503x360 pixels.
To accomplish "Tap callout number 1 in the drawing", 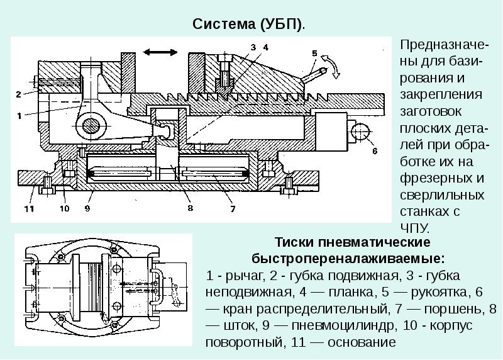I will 19,116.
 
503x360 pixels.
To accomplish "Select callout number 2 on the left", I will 19,94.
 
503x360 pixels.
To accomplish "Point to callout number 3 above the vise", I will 253,47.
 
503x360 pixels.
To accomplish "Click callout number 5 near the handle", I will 314,54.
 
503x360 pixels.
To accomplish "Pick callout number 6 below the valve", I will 373,152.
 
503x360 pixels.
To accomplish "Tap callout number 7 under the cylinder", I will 232,208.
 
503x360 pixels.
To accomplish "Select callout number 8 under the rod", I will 189,208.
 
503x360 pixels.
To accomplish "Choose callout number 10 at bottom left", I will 64,208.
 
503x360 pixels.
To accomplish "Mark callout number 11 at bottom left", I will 28,208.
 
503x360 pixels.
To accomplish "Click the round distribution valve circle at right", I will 361,132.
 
